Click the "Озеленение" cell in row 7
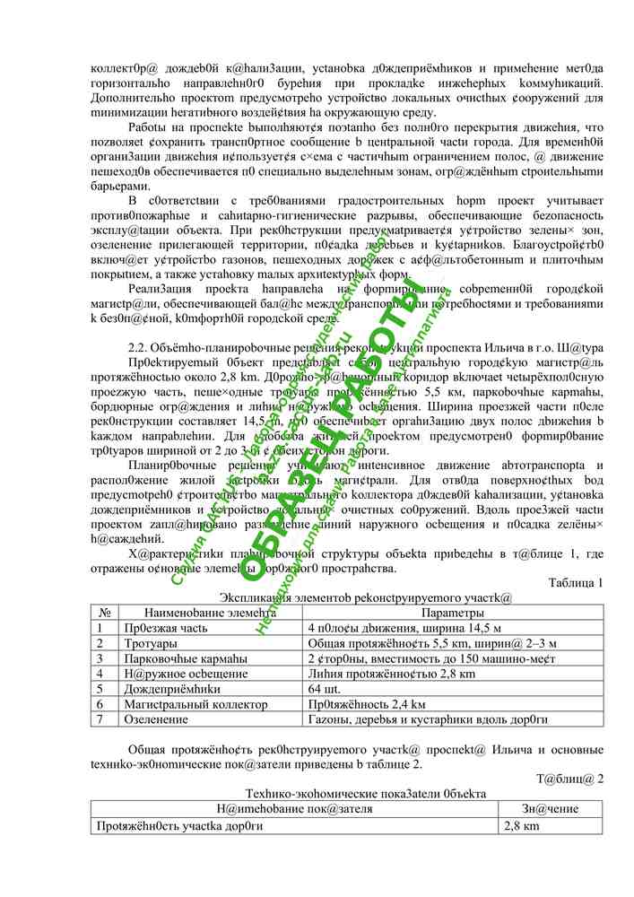(x=153, y=719)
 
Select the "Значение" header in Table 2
(x=551, y=810)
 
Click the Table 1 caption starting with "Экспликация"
(x=365, y=597)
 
